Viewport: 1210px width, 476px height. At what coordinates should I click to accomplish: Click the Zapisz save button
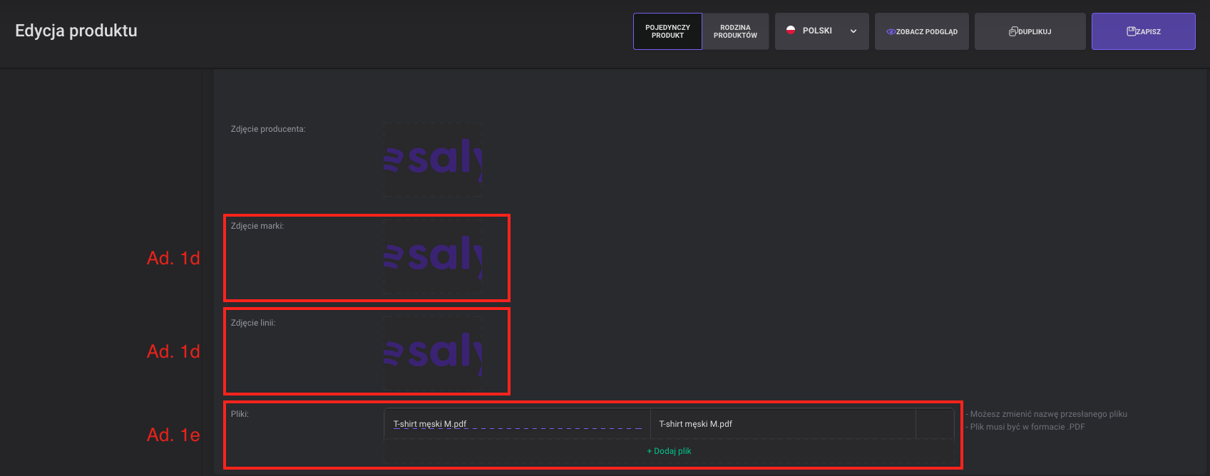pyautogui.click(x=1143, y=31)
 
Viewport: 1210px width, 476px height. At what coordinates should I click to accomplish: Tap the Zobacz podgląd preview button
pyautogui.click(x=921, y=31)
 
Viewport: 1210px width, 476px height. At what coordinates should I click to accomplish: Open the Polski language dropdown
pyautogui.click(x=821, y=31)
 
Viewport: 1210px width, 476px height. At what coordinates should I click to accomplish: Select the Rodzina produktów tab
pyautogui.click(x=735, y=31)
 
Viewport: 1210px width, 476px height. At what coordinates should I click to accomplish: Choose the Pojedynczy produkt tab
pyautogui.click(x=667, y=31)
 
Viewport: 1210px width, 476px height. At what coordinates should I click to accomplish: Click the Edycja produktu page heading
pyautogui.click(x=76, y=31)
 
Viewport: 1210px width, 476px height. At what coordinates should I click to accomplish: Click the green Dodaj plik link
pyautogui.click(x=669, y=451)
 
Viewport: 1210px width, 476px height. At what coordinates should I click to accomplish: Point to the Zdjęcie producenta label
pyautogui.click(x=268, y=129)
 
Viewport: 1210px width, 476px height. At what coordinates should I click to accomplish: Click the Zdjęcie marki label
pyautogui.click(x=257, y=226)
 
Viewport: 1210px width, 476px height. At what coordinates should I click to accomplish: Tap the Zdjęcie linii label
pyautogui.click(x=253, y=323)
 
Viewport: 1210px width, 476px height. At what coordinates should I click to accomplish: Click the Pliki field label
pyautogui.click(x=240, y=414)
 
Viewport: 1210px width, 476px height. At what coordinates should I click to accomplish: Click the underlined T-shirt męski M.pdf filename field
pyautogui.click(x=517, y=424)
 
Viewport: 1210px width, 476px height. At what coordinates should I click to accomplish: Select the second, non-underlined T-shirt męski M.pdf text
pyautogui.click(x=695, y=424)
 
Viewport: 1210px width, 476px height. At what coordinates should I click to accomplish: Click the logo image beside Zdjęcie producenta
pyautogui.click(x=433, y=159)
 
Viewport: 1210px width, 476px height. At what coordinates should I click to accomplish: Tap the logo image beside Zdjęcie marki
pyautogui.click(x=433, y=257)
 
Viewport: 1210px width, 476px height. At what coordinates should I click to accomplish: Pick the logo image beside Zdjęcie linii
pyautogui.click(x=433, y=353)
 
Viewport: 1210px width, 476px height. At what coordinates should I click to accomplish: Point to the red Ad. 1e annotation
pyautogui.click(x=173, y=435)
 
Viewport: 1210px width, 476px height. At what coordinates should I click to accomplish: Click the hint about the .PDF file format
pyautogui.click(x=1025, y=427)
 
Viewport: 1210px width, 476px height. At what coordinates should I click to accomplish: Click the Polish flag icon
pyautogui.click(x=791, y=30)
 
